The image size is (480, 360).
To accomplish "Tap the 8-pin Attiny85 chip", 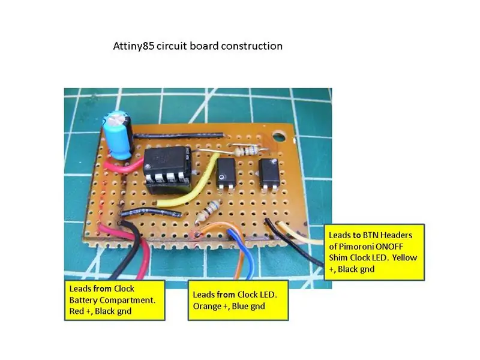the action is click(x=167, y=169).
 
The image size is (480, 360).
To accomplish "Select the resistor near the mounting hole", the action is click(x=248, y=151).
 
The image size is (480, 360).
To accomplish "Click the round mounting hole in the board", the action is click(x=278, y=137).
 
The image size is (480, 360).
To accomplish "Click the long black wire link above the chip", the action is click(x=179, y=136).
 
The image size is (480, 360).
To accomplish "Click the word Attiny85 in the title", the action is click(x=133, y=46).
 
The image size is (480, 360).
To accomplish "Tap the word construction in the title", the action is click(x=251, y=46).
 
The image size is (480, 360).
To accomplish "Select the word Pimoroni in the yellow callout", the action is click(x=356, y=247).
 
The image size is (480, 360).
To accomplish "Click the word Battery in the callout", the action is click(x=83, y=301).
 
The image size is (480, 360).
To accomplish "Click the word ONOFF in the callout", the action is click(x=389, y=247).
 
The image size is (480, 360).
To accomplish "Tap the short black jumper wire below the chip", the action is click(x=152, y=212).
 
